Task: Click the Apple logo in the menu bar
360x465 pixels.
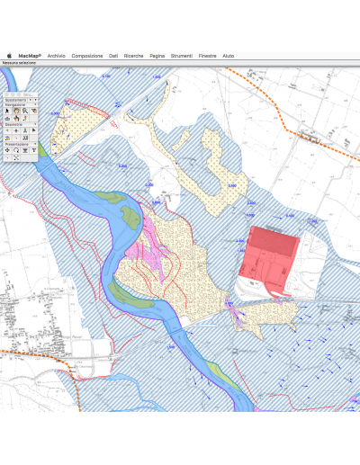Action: [x=8, y=56]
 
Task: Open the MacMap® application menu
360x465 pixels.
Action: [x=30, y=56]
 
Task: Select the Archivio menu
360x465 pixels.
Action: [x=56, y=56]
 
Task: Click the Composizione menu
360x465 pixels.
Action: [x=87, y=56]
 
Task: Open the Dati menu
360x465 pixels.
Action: [x=113, y=56]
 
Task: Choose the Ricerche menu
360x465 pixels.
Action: [x=133, y=56]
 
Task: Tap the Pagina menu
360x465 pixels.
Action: [x=157, y=56]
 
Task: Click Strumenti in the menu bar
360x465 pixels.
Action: [x=181, y=56]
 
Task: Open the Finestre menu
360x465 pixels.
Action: [x=207, y=56]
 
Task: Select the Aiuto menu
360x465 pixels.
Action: [x=229, y=56]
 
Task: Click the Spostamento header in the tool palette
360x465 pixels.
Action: [x=16, y=100]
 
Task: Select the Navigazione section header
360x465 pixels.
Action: [x=16, y=105]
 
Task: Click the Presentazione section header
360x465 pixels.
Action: [x=17, y=143]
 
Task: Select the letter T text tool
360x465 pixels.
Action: [x=33, y=149]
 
